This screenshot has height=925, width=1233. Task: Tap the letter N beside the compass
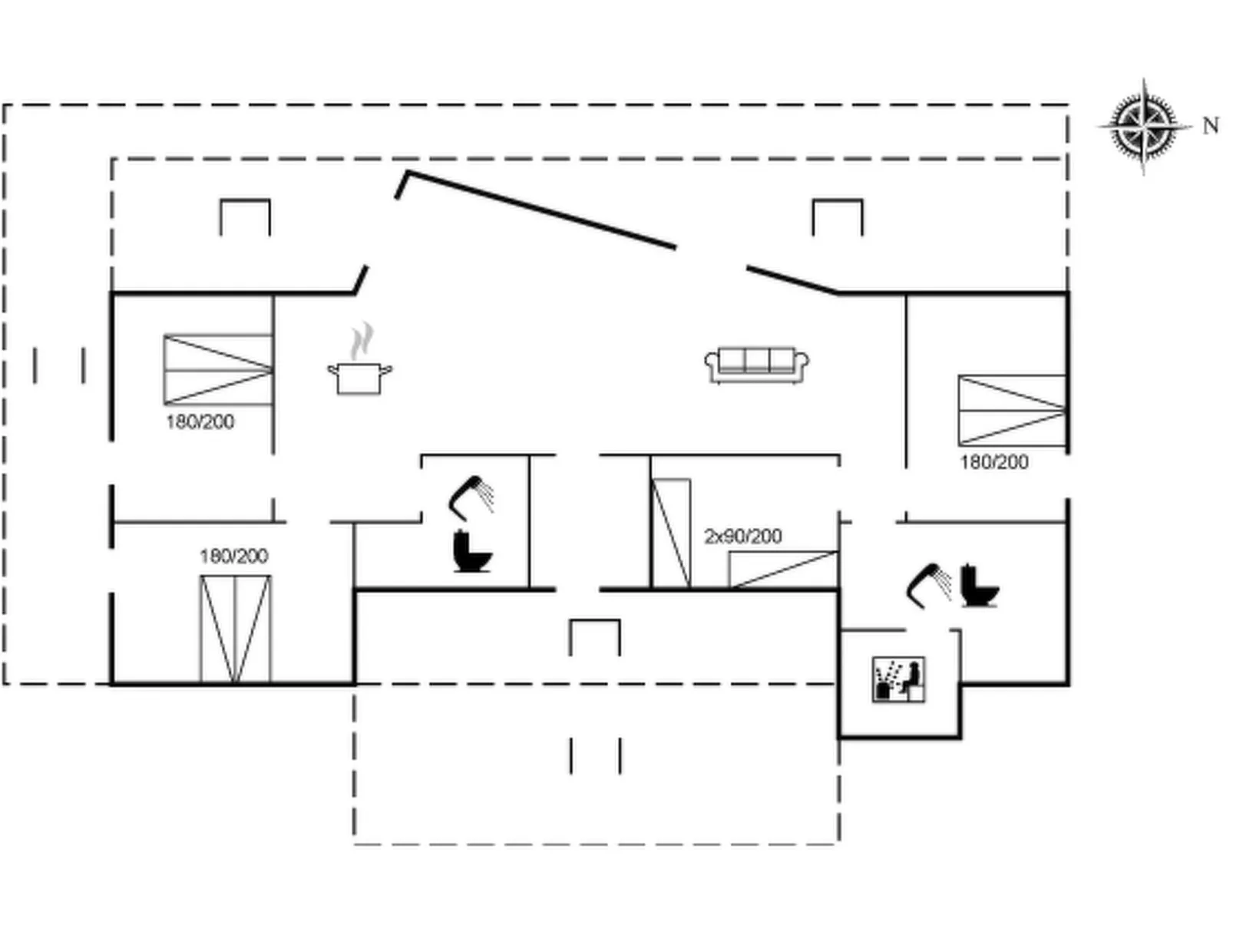pyautogui.click(x=1211, y=125)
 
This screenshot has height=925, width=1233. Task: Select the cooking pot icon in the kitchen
pyautogui.click(x=359, y=378)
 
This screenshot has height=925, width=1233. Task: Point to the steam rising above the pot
pyautogui.click(x=362, y=341)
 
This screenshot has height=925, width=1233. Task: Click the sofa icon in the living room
pyautogui.click(x=756, y=365)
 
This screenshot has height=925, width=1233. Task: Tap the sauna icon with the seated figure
pyautogui.click(x=898, y=679)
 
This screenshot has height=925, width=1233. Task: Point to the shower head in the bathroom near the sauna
pyautogui.click(x=929, y=584)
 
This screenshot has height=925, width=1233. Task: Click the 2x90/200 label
pyautogui.click(x=742, y=536)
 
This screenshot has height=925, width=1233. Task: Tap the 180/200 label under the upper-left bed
pyautogui.click(x=200, y=421)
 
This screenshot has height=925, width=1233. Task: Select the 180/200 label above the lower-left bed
pyautogui.click(x=233, y=556)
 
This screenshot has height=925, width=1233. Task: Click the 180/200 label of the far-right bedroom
pyautogui.click(x=993, y=462)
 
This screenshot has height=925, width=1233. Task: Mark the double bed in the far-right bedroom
pyautogui.click(x=1012, y=410)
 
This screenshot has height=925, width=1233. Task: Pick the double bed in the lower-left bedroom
pyautogui.click(x=235, y=629)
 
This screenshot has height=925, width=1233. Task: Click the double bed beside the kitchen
pyautogui.click(x=218, y=369)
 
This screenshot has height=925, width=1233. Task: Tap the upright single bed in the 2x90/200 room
pyautogui.click(x=670, y=534)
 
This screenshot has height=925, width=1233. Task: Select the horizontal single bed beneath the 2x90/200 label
pyautogui.click(x=782, y=570)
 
